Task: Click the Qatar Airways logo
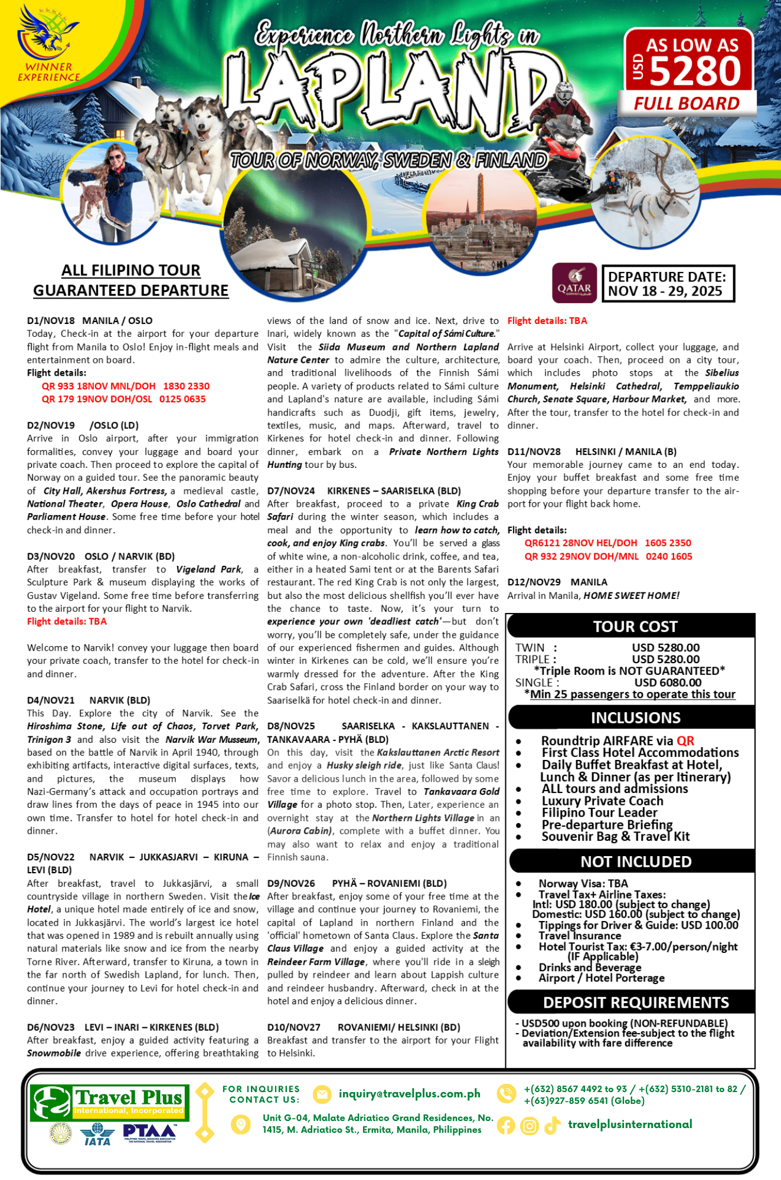574,283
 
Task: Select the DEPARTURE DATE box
668,284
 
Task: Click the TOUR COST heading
635,627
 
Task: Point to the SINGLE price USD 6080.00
668,683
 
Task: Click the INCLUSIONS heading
635,717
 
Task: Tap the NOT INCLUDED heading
635,861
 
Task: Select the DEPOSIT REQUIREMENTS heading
635,1002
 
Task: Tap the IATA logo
97,1135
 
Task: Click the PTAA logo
149,1132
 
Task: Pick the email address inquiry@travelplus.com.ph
409,1094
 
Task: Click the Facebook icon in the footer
505,1126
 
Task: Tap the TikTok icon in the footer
552,1126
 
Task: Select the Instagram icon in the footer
529,1126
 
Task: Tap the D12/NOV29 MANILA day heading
557,582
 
